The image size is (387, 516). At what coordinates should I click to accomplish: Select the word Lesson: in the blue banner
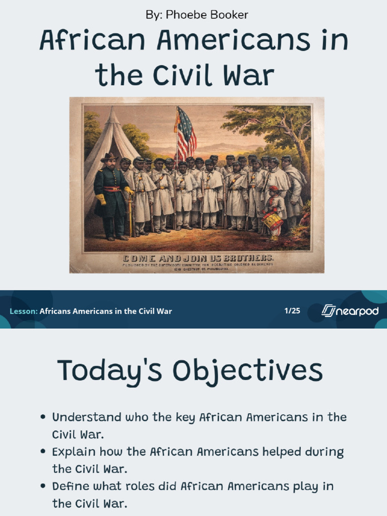point(23,311)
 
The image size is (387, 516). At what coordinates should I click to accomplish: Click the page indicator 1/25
point(292,310)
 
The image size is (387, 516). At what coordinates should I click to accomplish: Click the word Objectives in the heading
point(247,371)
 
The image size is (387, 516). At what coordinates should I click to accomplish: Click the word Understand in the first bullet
point(87,418)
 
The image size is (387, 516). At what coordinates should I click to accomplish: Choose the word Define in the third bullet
point(67,486)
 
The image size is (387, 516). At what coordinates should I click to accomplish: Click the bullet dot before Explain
point(43,452)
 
